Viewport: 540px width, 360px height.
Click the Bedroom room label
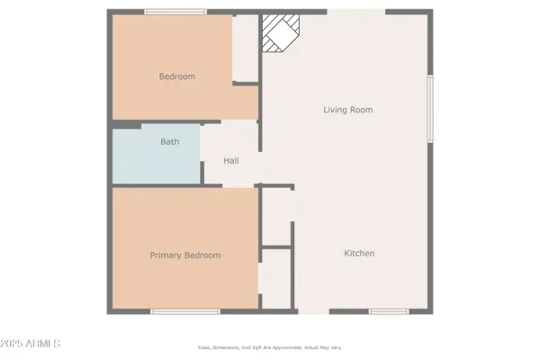coord(177,76)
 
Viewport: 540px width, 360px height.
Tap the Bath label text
coord(169,142)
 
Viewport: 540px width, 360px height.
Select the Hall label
coord(231,161)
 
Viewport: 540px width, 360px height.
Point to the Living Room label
coord(347,110)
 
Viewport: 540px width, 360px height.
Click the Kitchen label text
coord(359,254)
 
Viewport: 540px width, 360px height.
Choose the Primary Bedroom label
coord(184,256)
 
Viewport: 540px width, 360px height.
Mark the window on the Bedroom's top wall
coord(174,12)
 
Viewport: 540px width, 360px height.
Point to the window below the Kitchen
coord(389,311)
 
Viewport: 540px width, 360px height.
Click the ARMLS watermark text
coord(45,344)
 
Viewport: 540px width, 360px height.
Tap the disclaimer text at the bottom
coord(270,346)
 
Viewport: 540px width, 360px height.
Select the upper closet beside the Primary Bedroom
coord(275,216)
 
